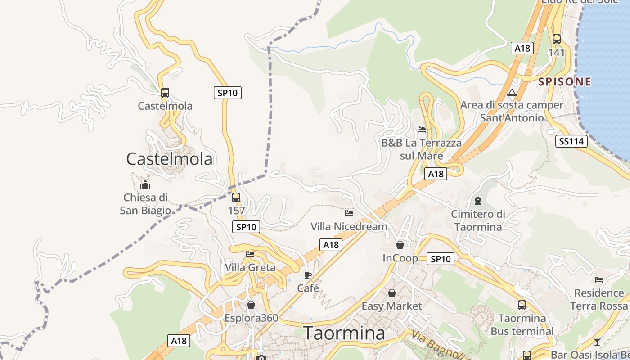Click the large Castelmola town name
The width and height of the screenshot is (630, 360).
pos(169,159)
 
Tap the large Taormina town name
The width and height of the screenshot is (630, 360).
pos(345,333)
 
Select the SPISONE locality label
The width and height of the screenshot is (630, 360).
pos(565,82)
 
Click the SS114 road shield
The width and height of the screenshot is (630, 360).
pos(571,141)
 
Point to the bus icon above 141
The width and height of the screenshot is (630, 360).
pos(557,39)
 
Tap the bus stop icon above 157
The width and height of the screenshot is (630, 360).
pos(236,197)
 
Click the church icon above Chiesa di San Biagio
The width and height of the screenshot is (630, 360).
pos(145,184)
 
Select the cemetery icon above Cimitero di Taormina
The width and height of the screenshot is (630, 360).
pos(477,201)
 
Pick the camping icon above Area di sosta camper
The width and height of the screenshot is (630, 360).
pos(512,93)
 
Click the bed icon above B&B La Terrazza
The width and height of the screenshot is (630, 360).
pos(422,130)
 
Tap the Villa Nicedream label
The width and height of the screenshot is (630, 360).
pos(349,226)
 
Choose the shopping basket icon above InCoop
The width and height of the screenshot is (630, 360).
pos(400,245)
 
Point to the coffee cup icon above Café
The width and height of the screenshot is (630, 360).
pos(308,275)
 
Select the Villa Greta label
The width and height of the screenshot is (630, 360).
pos(250,268)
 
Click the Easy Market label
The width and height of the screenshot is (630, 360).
pos(392,306)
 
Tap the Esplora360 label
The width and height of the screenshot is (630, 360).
pos(252,318)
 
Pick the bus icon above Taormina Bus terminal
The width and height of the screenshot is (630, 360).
pos(522,305)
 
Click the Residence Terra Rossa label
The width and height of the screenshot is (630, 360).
pos(599,299)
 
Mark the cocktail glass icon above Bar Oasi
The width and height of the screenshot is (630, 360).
pos(597,341)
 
